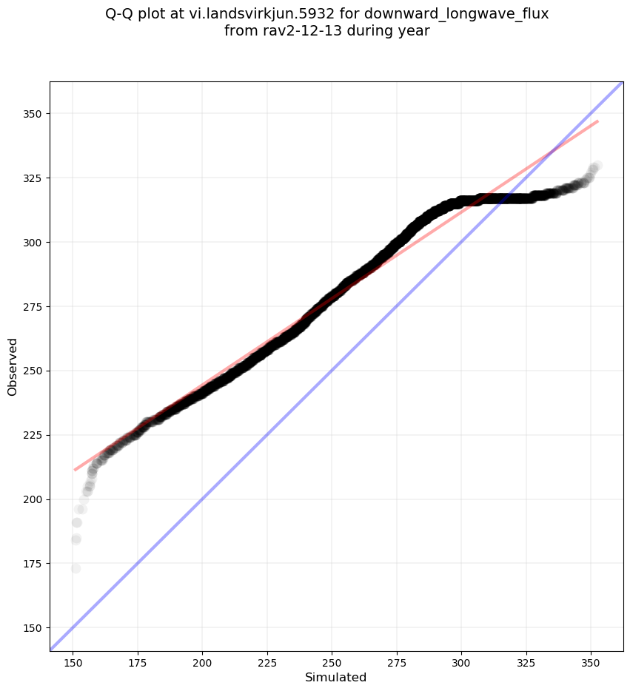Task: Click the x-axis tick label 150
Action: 73,660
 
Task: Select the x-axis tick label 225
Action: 267,660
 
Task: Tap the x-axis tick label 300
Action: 461,660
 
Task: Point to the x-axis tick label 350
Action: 591,660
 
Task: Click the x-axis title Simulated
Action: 336,677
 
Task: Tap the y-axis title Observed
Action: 13,366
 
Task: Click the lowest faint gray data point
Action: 76,568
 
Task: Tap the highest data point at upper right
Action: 597,166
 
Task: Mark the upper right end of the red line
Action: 597,121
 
